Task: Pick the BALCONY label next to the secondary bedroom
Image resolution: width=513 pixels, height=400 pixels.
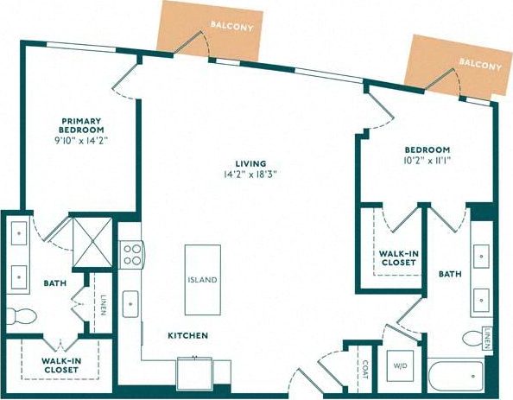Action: click(x=479, y=65)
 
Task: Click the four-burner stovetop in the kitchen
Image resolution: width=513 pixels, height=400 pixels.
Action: click(x=132, y=254)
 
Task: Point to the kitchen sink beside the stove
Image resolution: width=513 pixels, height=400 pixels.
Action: click(x=131, y=303)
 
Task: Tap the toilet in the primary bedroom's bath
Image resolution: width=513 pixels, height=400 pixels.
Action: click(x=18, y=313)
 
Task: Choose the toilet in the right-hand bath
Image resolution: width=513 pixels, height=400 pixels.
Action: click(x=472, y=338)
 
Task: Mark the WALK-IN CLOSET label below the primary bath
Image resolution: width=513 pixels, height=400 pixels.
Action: click(x=60, y=365)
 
